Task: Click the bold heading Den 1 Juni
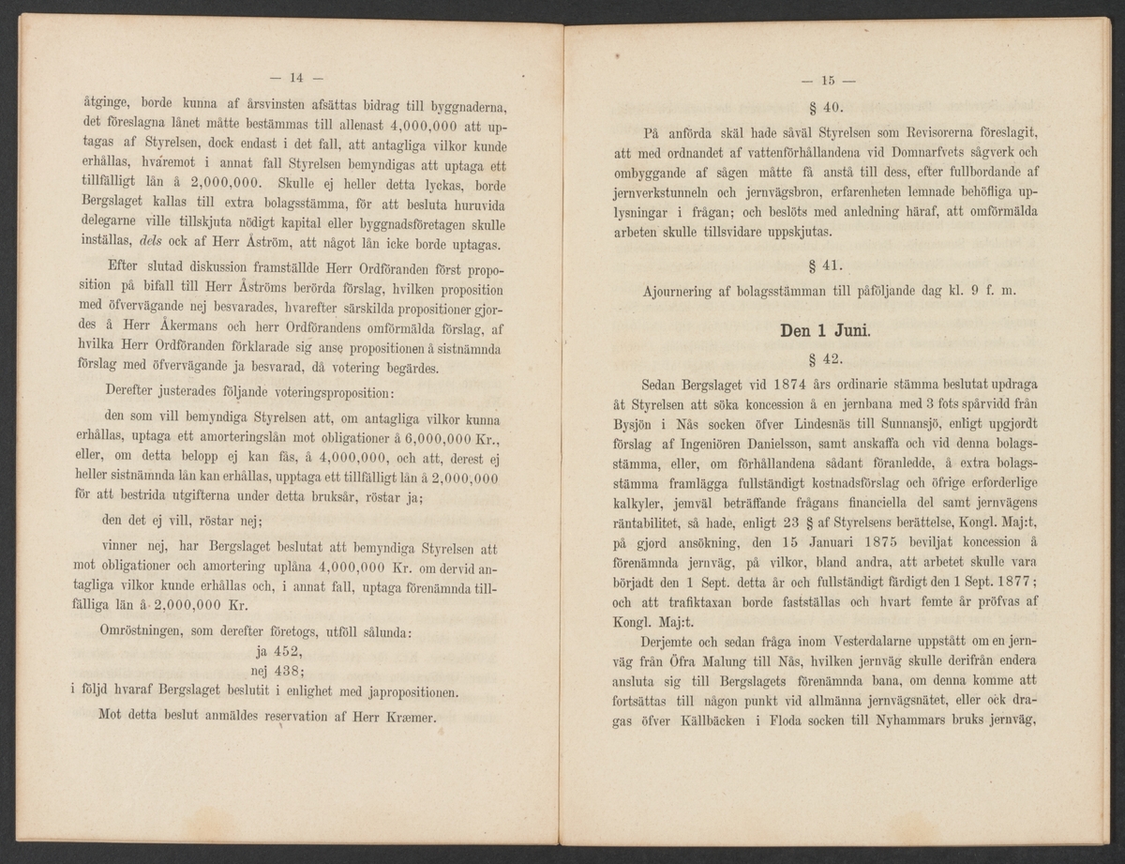click(832, 330)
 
